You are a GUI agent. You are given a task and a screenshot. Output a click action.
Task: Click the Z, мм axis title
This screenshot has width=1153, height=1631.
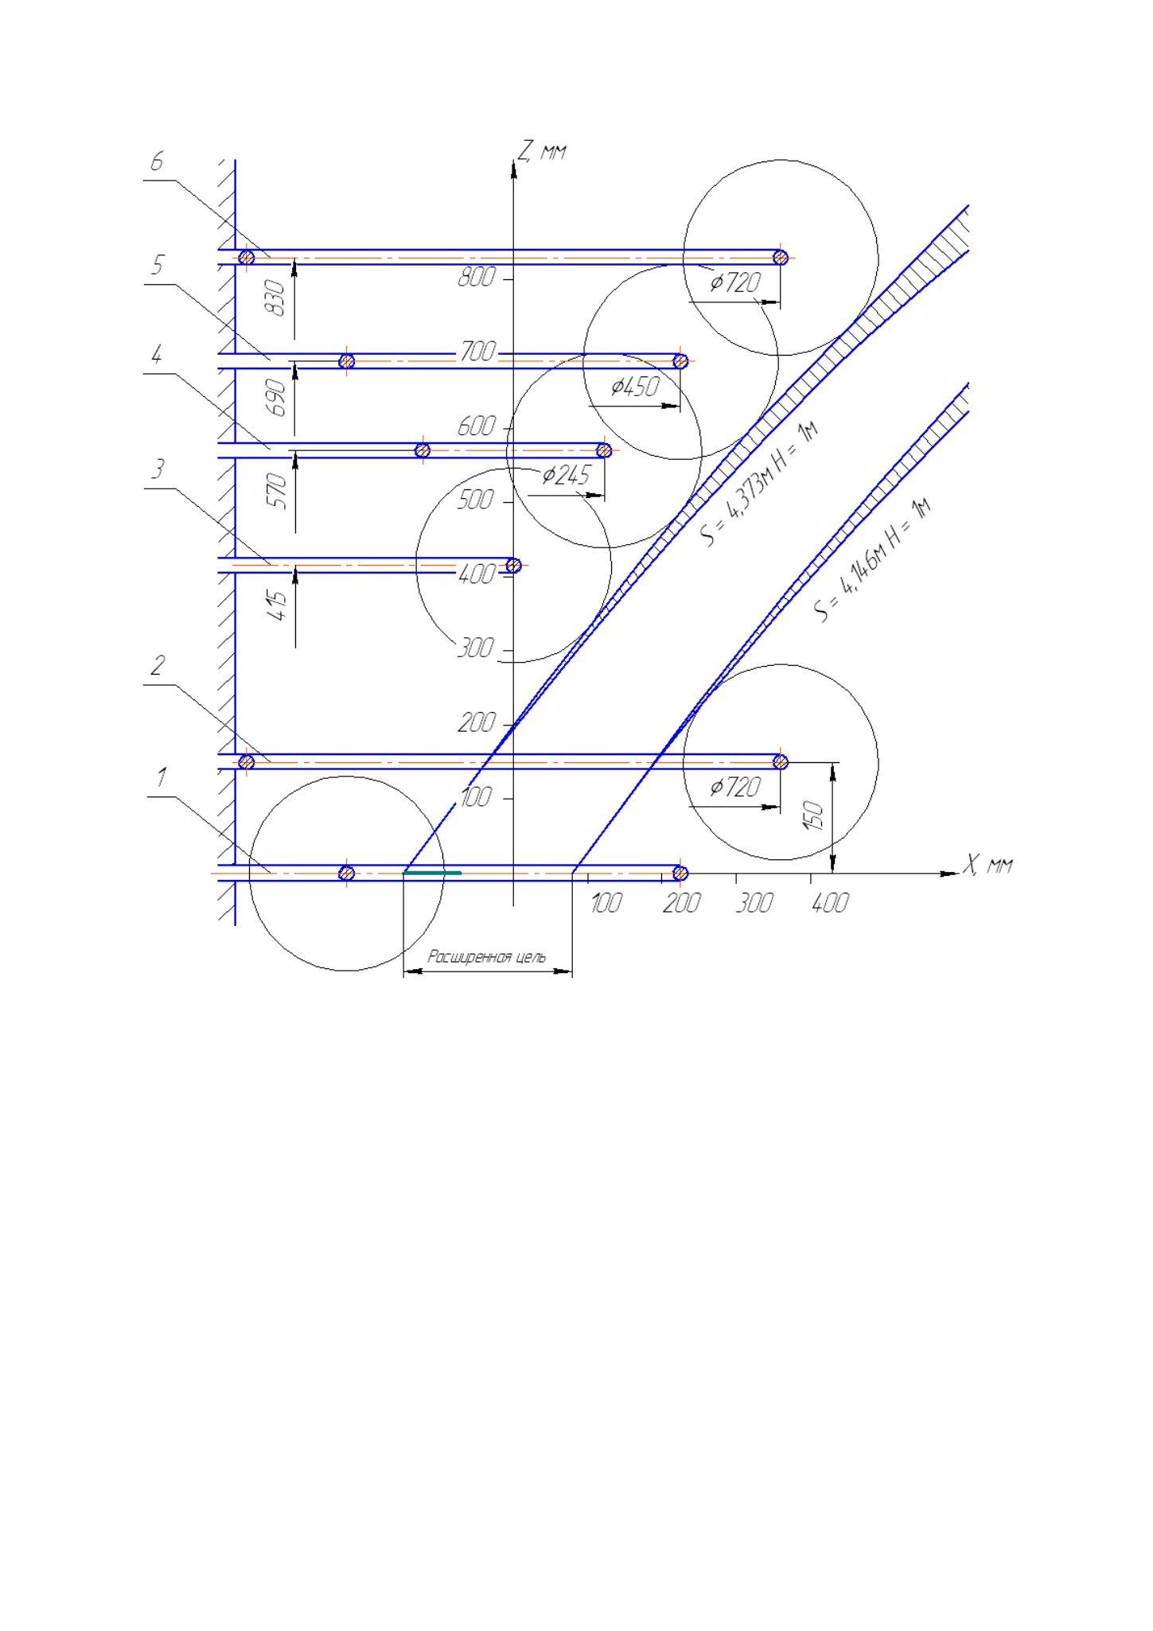coord(542,150)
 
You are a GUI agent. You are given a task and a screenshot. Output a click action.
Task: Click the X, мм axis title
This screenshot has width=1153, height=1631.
coord(987,864)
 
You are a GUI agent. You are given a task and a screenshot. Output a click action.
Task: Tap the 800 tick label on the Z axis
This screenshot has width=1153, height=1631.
coord(477,277)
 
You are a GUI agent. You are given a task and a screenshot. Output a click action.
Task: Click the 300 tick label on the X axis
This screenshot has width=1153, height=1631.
coord(754,903)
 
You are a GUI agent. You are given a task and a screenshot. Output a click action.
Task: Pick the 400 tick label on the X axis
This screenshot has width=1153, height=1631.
coord(830,903)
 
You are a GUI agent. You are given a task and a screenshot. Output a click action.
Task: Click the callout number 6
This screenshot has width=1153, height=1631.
coord(157,162)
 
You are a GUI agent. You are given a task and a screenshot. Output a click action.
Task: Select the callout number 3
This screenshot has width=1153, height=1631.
coord(158,469)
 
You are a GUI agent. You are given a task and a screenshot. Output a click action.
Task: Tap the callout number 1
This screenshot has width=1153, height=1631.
coord(162,777)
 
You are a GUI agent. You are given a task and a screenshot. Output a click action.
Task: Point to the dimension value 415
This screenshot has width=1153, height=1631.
coord(278,605)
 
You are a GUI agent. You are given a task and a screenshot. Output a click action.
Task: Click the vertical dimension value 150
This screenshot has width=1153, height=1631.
coord(814,815)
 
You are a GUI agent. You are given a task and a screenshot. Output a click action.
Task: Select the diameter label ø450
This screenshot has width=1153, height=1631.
coord(635,387)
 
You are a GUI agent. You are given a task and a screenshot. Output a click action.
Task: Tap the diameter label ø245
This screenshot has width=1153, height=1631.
coord(566,476)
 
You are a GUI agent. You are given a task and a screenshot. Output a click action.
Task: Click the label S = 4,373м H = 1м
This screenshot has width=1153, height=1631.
coord(760,484)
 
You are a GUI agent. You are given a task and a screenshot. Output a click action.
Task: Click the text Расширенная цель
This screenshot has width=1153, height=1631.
coord(487,956)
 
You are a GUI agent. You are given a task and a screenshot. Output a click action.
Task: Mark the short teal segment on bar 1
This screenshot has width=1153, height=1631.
coord(432,873)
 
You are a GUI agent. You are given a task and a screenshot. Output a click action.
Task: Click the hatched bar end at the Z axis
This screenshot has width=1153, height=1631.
coord(513,566)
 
